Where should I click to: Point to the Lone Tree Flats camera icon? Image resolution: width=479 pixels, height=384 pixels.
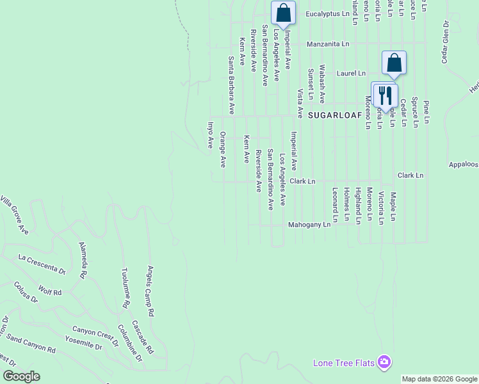[384, 363]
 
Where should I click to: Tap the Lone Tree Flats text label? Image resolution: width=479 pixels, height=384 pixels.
[343, 364]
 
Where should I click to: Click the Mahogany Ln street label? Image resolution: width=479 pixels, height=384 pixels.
[309, 225]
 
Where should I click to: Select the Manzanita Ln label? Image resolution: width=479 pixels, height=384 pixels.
[328, 44]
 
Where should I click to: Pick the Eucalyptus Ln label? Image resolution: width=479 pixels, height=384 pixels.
[327, 13]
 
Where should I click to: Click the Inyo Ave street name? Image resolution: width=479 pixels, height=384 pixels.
[209, 135]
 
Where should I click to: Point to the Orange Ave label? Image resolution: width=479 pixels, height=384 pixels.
[223, 150]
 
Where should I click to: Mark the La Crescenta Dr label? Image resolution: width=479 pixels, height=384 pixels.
[42, 264]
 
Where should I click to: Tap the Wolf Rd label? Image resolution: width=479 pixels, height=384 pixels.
[49, 291]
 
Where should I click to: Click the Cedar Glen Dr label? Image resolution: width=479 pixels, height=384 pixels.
[444, 42]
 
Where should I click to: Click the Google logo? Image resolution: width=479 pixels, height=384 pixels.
[21, 376]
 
